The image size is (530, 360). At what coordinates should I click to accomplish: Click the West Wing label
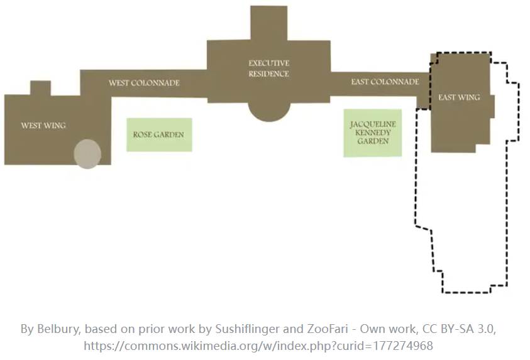click(x=43, y=125)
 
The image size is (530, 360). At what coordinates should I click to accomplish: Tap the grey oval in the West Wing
click(x=87, y=155)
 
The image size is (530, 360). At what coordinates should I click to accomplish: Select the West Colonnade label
click(x=144, y=83)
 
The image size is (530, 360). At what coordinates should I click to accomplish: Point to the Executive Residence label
click(x=268, y=68)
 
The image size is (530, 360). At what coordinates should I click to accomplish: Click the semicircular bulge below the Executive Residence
click(x=268, y=111)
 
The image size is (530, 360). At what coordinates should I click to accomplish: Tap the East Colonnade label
click(x=385, y=82)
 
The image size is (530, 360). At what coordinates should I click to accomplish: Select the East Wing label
click(x=459, y=97)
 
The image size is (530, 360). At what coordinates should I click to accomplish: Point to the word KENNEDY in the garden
click(x=373, y=133)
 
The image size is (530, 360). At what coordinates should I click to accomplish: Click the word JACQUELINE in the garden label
click(x=373, y=124)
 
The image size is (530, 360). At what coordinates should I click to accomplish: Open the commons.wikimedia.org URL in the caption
click(x=258, y=346)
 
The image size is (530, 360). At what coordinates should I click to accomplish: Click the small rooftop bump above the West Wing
click(x=40, y=87)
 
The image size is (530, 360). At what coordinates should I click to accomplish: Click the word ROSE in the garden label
click(x=144, y=134)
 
